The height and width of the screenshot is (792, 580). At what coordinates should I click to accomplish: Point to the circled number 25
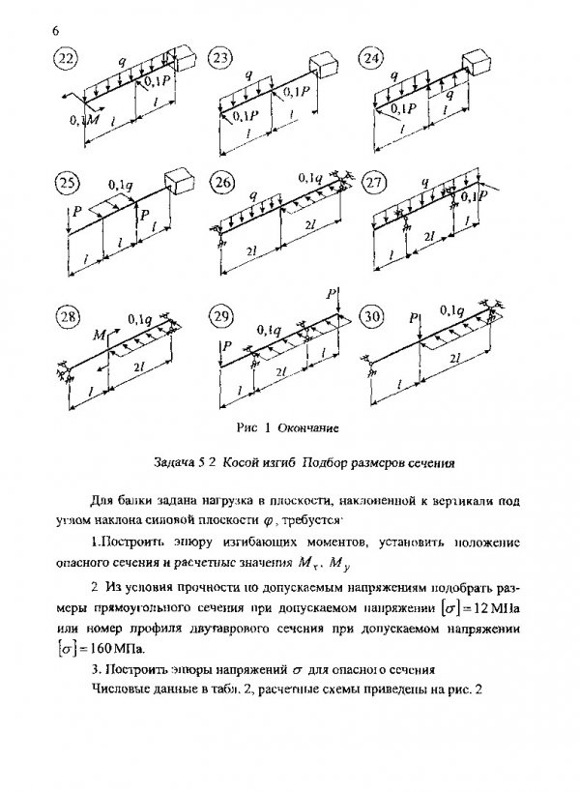68,184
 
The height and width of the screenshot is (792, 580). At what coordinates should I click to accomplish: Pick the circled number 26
222,184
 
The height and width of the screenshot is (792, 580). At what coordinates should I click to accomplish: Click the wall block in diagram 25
177,182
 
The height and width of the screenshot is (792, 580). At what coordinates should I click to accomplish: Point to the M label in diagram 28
100,336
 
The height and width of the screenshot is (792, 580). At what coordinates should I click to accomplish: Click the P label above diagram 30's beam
413,316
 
